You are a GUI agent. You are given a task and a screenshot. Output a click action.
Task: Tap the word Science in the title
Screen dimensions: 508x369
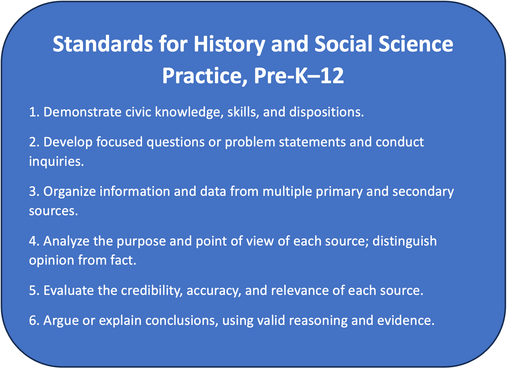pos(416,44)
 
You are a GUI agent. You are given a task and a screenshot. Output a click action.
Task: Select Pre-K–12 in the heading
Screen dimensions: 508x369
pos(299,76)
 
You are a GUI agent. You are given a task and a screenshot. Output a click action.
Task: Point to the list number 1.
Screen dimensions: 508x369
pos(34,112)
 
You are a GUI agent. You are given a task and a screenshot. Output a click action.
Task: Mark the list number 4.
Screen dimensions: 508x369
pos(34,241)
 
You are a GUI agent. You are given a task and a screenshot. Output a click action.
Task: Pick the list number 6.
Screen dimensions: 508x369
pos(34,320)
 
